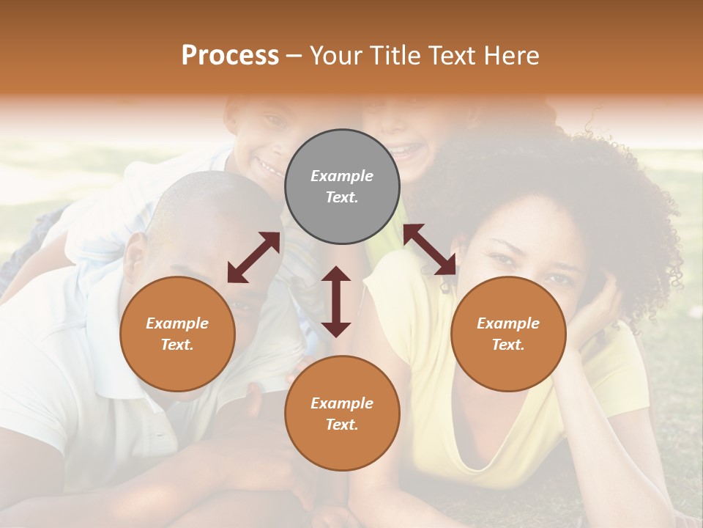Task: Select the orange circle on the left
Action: (177, 334)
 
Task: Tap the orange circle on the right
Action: (507, 334)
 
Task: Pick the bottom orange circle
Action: (342, 414)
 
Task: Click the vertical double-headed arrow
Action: (336, 301)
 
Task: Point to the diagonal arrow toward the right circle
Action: (430, 250)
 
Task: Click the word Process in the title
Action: (230, 55)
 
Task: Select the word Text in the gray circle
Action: (341, 197)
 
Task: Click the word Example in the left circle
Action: (177, 323)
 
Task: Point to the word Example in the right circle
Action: (507, 323)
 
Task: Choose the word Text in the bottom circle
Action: (341, 425)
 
